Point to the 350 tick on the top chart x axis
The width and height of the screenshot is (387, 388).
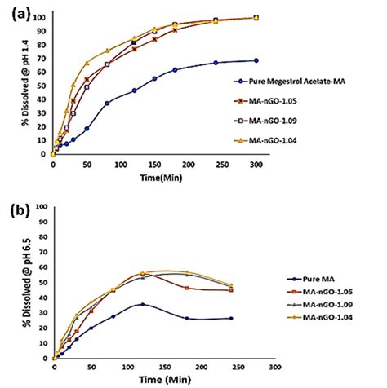coord(291,163)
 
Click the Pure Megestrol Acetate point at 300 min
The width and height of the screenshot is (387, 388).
coord(256,60)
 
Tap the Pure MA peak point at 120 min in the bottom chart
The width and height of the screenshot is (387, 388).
coord(142,305)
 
